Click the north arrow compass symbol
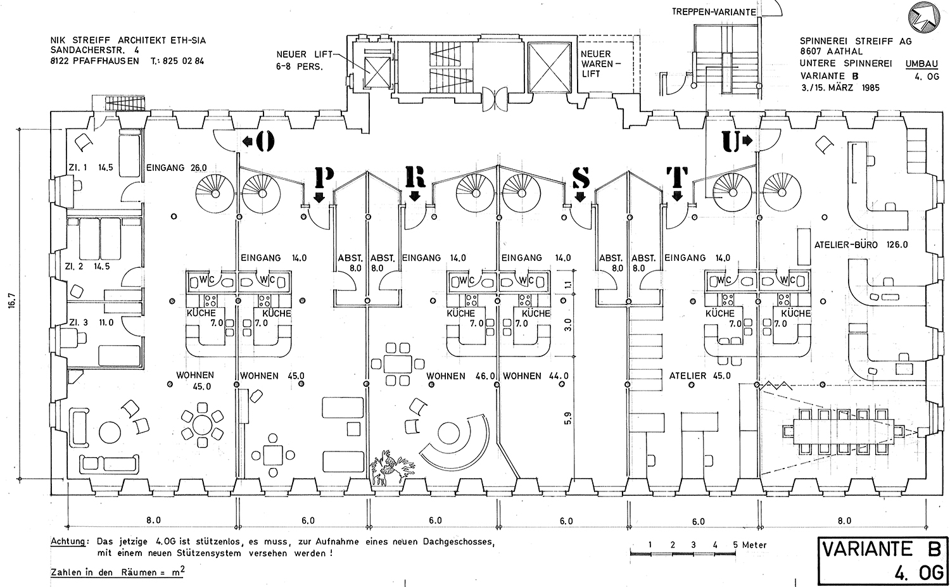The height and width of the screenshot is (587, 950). coord(924,18)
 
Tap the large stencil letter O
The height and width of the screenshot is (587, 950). coord(265,141)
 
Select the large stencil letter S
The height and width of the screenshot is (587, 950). coord(581,178)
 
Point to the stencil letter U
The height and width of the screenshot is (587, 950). coord(730,142)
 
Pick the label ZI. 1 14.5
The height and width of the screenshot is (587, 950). coord(91,168)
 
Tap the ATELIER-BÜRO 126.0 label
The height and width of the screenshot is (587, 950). coord(861,244)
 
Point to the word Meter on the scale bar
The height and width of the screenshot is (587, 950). coord(754,545)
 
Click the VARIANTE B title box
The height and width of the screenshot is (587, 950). coord(883,562)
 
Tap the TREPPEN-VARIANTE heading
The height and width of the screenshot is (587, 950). coord(714,12)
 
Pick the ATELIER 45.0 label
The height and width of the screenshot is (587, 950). coord(700,376)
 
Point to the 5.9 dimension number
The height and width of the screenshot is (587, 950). coord(568,418)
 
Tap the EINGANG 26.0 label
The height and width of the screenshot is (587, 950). coord(177,168)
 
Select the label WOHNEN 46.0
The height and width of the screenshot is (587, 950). coord(460,376)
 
